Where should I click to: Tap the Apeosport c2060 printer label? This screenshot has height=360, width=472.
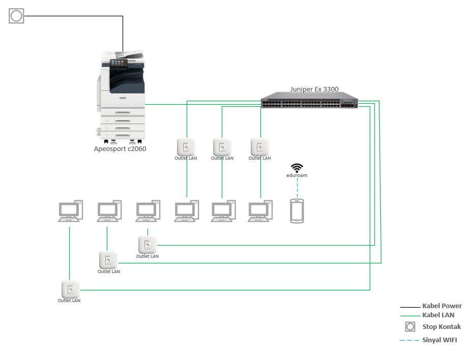tap(120, 149)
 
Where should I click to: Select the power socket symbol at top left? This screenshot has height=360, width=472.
tap(16, 16)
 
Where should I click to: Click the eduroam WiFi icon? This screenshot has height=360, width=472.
tap(297, 168)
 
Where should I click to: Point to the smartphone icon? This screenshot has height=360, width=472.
tap(297, 211)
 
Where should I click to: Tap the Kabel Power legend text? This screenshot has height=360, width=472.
tap(441, 306)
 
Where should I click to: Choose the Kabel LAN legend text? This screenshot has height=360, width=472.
tap(438, 315)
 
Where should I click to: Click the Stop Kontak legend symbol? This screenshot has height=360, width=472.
tap(409, 326)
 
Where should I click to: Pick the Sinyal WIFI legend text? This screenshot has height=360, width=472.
tap(439, 340)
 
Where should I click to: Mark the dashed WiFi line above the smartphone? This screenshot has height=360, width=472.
tap(297, 189)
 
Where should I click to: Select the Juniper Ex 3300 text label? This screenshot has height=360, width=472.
tap(314, 89)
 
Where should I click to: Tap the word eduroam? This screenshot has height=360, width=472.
tap(297, 175)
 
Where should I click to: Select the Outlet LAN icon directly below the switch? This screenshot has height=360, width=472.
tap(260, 147)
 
